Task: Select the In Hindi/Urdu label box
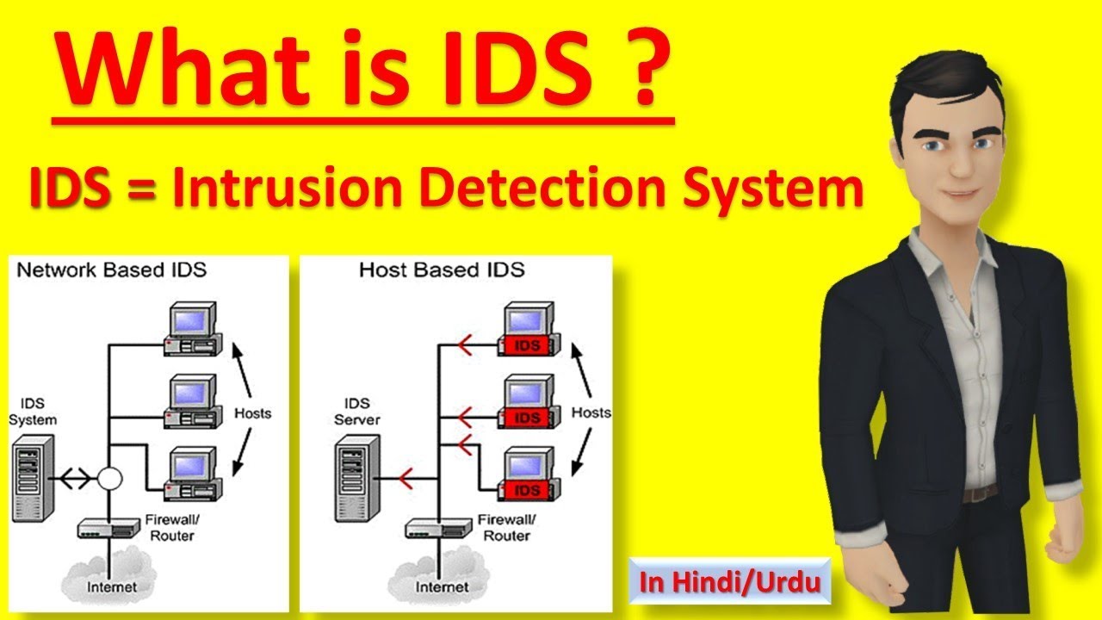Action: pos(729,582)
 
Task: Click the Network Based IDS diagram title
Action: pos(112,270)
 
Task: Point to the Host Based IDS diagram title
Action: pos(441,270)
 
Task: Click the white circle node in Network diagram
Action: pos(109,478)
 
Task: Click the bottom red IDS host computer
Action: pos(527,474)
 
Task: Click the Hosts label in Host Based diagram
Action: pos(591,412)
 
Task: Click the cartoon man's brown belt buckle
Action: pos(979,494)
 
